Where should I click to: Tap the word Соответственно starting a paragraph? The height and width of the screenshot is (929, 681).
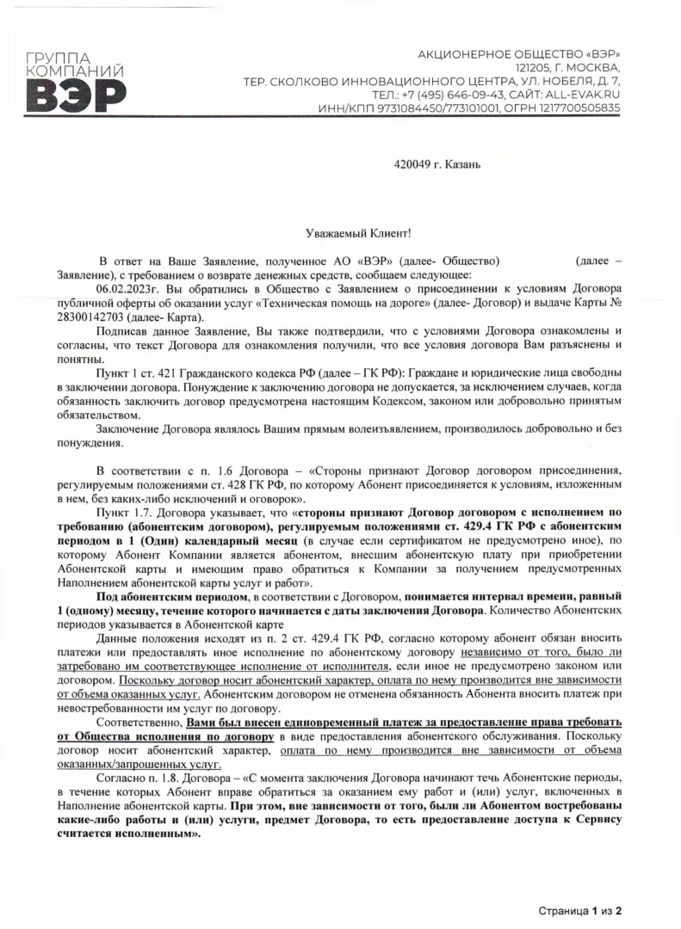point(139,723)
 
